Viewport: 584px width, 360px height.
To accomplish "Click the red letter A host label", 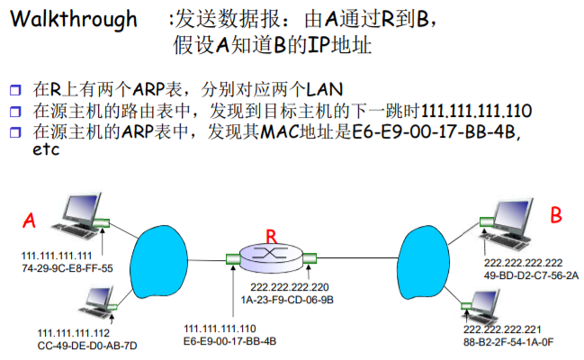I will point(30,220).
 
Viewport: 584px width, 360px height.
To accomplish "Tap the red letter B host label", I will point(557,215).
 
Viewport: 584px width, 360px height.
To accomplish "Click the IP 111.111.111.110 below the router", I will point(220,329).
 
